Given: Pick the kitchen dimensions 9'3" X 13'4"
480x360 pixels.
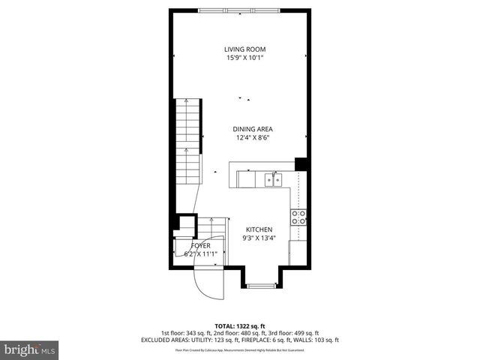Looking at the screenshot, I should point(259,238).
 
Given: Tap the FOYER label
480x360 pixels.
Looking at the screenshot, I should point(200,245).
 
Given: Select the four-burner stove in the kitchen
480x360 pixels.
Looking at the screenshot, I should point(298,217).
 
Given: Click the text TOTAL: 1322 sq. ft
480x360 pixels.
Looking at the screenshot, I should point(239,326).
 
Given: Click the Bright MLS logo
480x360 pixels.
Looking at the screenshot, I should point(30,349).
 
